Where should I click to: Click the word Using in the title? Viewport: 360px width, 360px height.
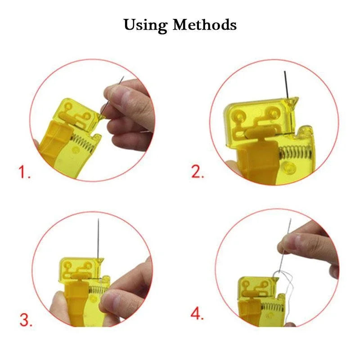146,25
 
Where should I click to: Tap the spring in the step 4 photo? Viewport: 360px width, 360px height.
270,308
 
